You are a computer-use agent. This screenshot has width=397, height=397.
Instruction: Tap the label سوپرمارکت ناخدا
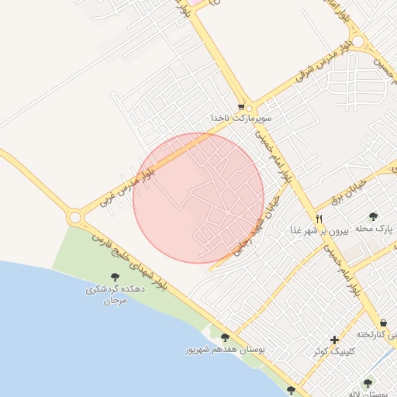pyautogui.click(x=241, y=118)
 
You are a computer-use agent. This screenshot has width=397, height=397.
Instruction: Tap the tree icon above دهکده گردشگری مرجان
pyautogui.click(x=115, y=277)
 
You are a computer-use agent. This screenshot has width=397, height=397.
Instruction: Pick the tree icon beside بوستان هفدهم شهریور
pyautogui.click(x=225, y=337)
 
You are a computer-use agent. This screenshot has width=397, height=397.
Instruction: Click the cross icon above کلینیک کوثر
pyautogui.click(x=334, y=340)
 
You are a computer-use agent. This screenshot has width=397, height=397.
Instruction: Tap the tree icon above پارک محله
pyautogui.click(x=373, y=216)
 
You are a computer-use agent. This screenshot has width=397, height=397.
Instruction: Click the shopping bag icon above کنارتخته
pyautogui.click(x=384, y=323)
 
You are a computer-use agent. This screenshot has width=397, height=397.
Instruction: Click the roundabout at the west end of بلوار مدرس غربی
pyautogui.click(x=76, y=218)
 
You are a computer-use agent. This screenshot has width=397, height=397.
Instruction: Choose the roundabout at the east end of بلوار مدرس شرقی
pyautogui.click(x=357, y=41)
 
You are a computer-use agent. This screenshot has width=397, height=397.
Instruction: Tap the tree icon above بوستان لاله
pyautogui.click(x=368, y=382)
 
